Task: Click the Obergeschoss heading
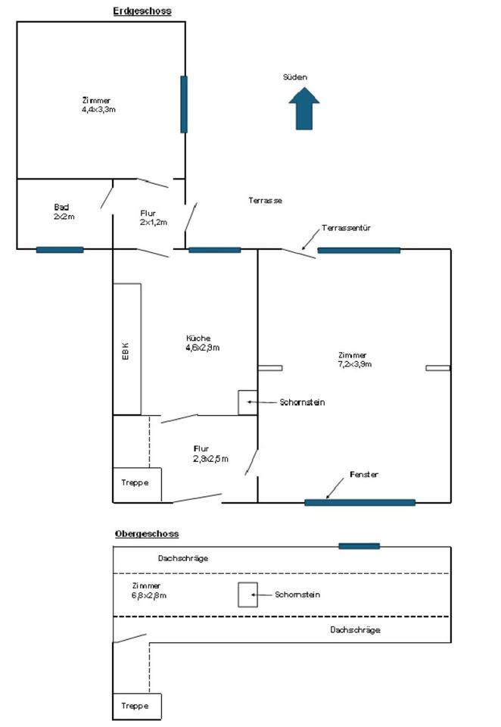coord(147,533)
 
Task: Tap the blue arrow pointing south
coord(304,108)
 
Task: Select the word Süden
coord(295,77)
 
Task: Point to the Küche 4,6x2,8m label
coord(202,343)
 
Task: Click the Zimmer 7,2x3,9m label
coord(354,360)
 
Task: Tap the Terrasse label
coord(265,201)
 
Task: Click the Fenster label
coord(363,474)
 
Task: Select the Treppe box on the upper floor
coord(137,706)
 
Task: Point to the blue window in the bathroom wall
coord(60,249)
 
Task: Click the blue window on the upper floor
coord(359,545)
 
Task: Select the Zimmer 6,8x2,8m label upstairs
coord(148,591)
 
